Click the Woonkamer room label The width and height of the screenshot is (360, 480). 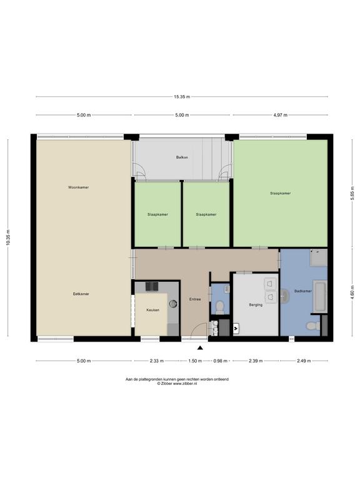tap(78, 187)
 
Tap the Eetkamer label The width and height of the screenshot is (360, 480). tap(81, 294)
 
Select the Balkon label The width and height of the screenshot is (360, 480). tap(182, 157)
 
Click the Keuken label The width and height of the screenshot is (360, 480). tap(152, 310)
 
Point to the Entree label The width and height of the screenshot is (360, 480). tap(195, 299)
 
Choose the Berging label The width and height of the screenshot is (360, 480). tap(256, 305)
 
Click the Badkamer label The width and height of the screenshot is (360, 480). tap(303, 291)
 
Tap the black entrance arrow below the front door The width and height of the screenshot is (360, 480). tap(200, 347)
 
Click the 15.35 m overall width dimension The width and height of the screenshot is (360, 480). tap(182, 97)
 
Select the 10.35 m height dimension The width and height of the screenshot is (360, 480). tap(8, 237)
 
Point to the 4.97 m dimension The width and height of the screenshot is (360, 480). tap(281, 115)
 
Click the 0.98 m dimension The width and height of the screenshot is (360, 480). tap(221, 361)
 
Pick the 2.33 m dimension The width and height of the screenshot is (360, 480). tap(157, 361)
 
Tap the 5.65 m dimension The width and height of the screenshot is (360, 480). tap(352, 193)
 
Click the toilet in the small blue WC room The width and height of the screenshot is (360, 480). tap(220, 307)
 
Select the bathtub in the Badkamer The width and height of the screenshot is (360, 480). tap(319, 296)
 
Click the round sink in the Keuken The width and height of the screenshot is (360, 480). tap(174, 303)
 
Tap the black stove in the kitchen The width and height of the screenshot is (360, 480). tap(152, 286)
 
